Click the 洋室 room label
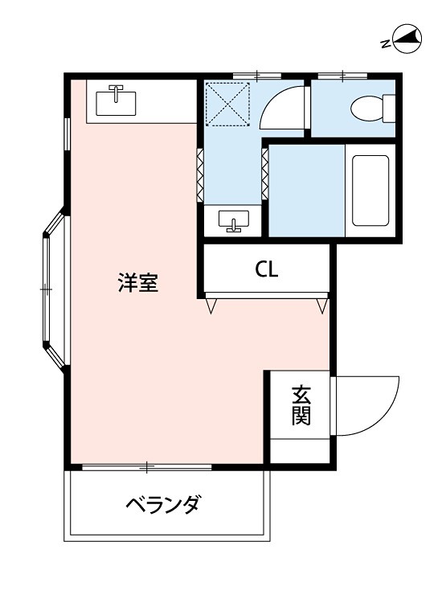click(x=137, y=283)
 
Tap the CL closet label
click(x=267, y=270)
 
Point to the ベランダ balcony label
click(x=162, y=505)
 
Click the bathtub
click(x=370, y=190)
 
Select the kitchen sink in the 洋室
click(x=117, y=101)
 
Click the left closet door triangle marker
click(x=211, y=306)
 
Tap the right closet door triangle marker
click(x=322, y=306)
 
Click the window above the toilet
click(x=342, y=76)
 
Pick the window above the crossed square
click(x=257, y=76)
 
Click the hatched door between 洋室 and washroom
click(x=200, y=172)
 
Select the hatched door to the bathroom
click(x=264, y=172)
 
